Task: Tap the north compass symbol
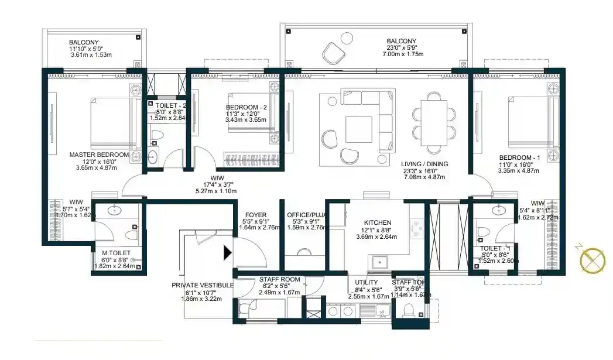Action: tap(593, 258)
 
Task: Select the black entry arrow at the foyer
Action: tap(228, 253)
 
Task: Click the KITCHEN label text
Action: tap(377, 223)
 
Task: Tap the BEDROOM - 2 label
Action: tap(246, 107)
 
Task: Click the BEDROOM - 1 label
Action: tap(519, 157)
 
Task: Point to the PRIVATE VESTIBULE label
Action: tap(203, 285)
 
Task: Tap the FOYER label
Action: tap(256, 215)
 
